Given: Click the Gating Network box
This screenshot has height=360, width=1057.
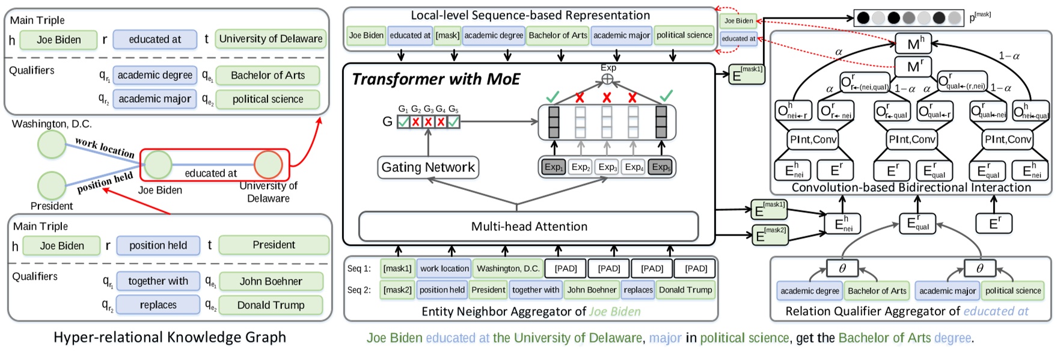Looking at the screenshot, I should click(428, 168).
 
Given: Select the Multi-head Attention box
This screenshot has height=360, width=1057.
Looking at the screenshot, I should click(528, 227).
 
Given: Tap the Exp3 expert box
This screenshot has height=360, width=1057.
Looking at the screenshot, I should click(607, 167).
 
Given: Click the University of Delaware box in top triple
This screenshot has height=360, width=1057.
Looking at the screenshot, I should click(271, 39).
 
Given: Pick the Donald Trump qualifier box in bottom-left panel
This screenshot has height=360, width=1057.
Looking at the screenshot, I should click(271, 305).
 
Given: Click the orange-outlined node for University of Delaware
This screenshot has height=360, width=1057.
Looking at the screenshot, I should click(268, 165).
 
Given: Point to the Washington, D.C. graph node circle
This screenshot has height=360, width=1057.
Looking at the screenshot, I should click(52, 144).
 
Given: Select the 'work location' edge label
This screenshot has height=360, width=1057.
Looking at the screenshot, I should click(105, 148).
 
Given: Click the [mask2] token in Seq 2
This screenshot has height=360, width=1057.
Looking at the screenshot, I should click(397, 290).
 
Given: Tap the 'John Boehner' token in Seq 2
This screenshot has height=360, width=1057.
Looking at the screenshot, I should click(592, 290).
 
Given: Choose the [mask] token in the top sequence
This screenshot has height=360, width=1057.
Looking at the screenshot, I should click(447, 35).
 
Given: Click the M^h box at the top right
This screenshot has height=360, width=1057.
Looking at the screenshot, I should click(914, 44).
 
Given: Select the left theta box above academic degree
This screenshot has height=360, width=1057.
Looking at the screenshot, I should click(842, 268).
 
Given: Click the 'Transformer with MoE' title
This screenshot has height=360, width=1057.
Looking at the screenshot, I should click(436, 79).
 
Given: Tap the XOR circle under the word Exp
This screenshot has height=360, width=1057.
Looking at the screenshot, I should click(608, 79).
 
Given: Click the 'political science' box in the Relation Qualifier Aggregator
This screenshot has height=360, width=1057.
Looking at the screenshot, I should click(1013, 291).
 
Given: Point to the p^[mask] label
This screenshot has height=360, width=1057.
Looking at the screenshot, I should click(979, 17).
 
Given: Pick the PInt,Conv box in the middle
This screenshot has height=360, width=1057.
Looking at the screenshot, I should click(912, 139).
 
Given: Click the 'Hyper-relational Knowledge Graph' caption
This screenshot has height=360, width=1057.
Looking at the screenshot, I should click(170, 337).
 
